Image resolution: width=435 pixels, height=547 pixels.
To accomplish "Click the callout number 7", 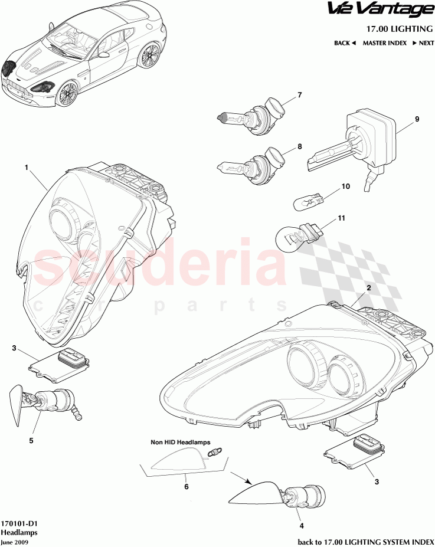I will (x=299, y=94).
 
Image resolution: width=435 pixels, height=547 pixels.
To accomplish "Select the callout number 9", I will (x=417, y=119).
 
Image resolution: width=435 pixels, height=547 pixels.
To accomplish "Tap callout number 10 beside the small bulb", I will (x=346, y=186).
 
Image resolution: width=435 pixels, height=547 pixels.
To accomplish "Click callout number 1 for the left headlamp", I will (x=27, y=168).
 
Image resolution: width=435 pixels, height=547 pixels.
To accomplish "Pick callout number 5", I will (x=31, y=440).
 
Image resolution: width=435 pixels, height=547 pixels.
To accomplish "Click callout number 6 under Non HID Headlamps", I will (x=186, y=487).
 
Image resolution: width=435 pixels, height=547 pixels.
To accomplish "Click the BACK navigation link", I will (x=345, y=43).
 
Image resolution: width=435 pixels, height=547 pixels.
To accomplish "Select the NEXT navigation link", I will (x=423, y=43).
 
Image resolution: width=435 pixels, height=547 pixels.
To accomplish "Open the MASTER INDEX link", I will (x=384, y=43).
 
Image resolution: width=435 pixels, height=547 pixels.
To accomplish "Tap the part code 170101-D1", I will (x=17, y=523).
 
